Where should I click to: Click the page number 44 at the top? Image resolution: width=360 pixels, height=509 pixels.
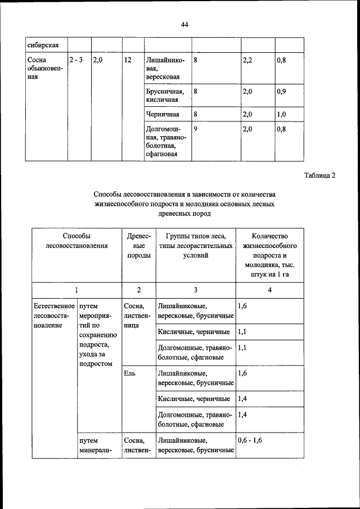pyautogui.click(x=185, y=24)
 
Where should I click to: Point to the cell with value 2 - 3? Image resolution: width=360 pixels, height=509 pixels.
pyautogui.click(x=76, y=59)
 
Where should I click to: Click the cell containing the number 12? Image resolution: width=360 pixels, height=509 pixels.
pyautogui.click(x=128, y=59)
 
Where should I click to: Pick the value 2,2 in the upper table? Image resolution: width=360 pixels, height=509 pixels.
pyautogui.click(x=247, y=59)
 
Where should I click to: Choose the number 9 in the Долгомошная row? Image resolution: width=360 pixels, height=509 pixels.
pyautogui.click(x=195, y=129)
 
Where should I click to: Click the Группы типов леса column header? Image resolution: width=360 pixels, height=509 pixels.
pyautogui.click(x=195, y=246)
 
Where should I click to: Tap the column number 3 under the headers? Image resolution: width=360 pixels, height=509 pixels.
pyautogui.click(x=195, y=290)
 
